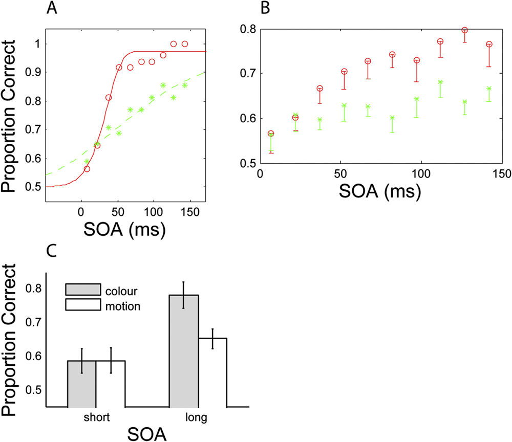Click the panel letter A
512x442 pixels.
click(51, 9)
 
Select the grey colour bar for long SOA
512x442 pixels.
click(184, 351)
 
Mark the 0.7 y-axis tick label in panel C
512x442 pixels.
click(34, 322)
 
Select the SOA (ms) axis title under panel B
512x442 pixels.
click(380, 192)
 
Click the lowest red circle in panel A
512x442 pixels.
click(87, 169)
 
